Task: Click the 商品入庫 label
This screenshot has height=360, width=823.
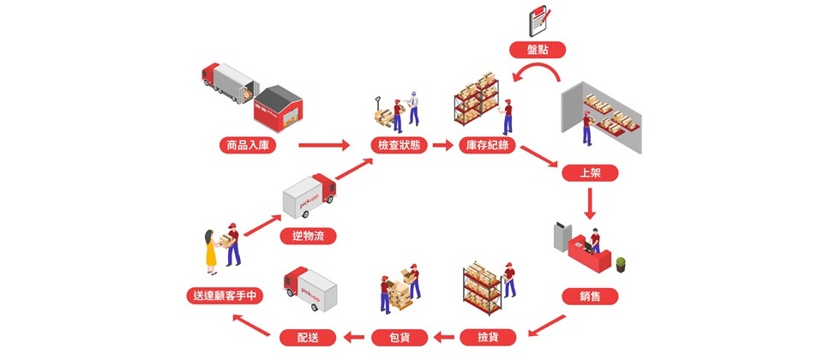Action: pos(248,146)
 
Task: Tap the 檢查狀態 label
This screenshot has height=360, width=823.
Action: pos(399,146)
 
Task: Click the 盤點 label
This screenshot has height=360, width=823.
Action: pos(538,50)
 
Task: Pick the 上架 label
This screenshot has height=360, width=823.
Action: pos(590,173)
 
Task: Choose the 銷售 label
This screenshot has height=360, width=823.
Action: pos(590,297)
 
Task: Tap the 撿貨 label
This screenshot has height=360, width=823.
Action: pos(488,338)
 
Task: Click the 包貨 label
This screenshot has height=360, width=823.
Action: pos(399,338)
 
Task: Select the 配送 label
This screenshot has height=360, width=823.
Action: pos(308,338)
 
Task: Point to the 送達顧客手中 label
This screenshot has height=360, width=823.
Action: pos(225,296)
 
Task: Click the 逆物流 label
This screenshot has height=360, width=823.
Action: pos(308,237)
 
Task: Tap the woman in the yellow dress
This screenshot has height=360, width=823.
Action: pos(211,251)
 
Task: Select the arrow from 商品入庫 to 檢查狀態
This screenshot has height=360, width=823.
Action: pos(324,146)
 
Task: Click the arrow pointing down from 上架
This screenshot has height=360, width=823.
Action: pos(590,204)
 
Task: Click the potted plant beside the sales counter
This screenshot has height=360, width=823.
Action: pos(621,265)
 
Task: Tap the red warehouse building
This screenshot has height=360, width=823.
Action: pos(278,109)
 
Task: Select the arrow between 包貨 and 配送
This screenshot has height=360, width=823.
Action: pos(354,338)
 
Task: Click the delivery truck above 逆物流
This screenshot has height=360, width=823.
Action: pos(309,195)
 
